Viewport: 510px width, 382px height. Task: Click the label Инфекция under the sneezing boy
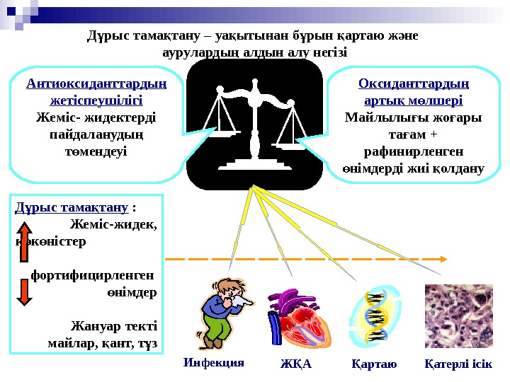213,363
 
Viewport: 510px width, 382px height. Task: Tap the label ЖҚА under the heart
295,365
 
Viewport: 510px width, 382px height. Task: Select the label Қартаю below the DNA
374,365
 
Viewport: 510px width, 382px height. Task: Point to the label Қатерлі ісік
458,365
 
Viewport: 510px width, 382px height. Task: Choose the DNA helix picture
376,316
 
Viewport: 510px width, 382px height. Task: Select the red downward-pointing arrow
23,291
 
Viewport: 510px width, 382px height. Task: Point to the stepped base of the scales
254,165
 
